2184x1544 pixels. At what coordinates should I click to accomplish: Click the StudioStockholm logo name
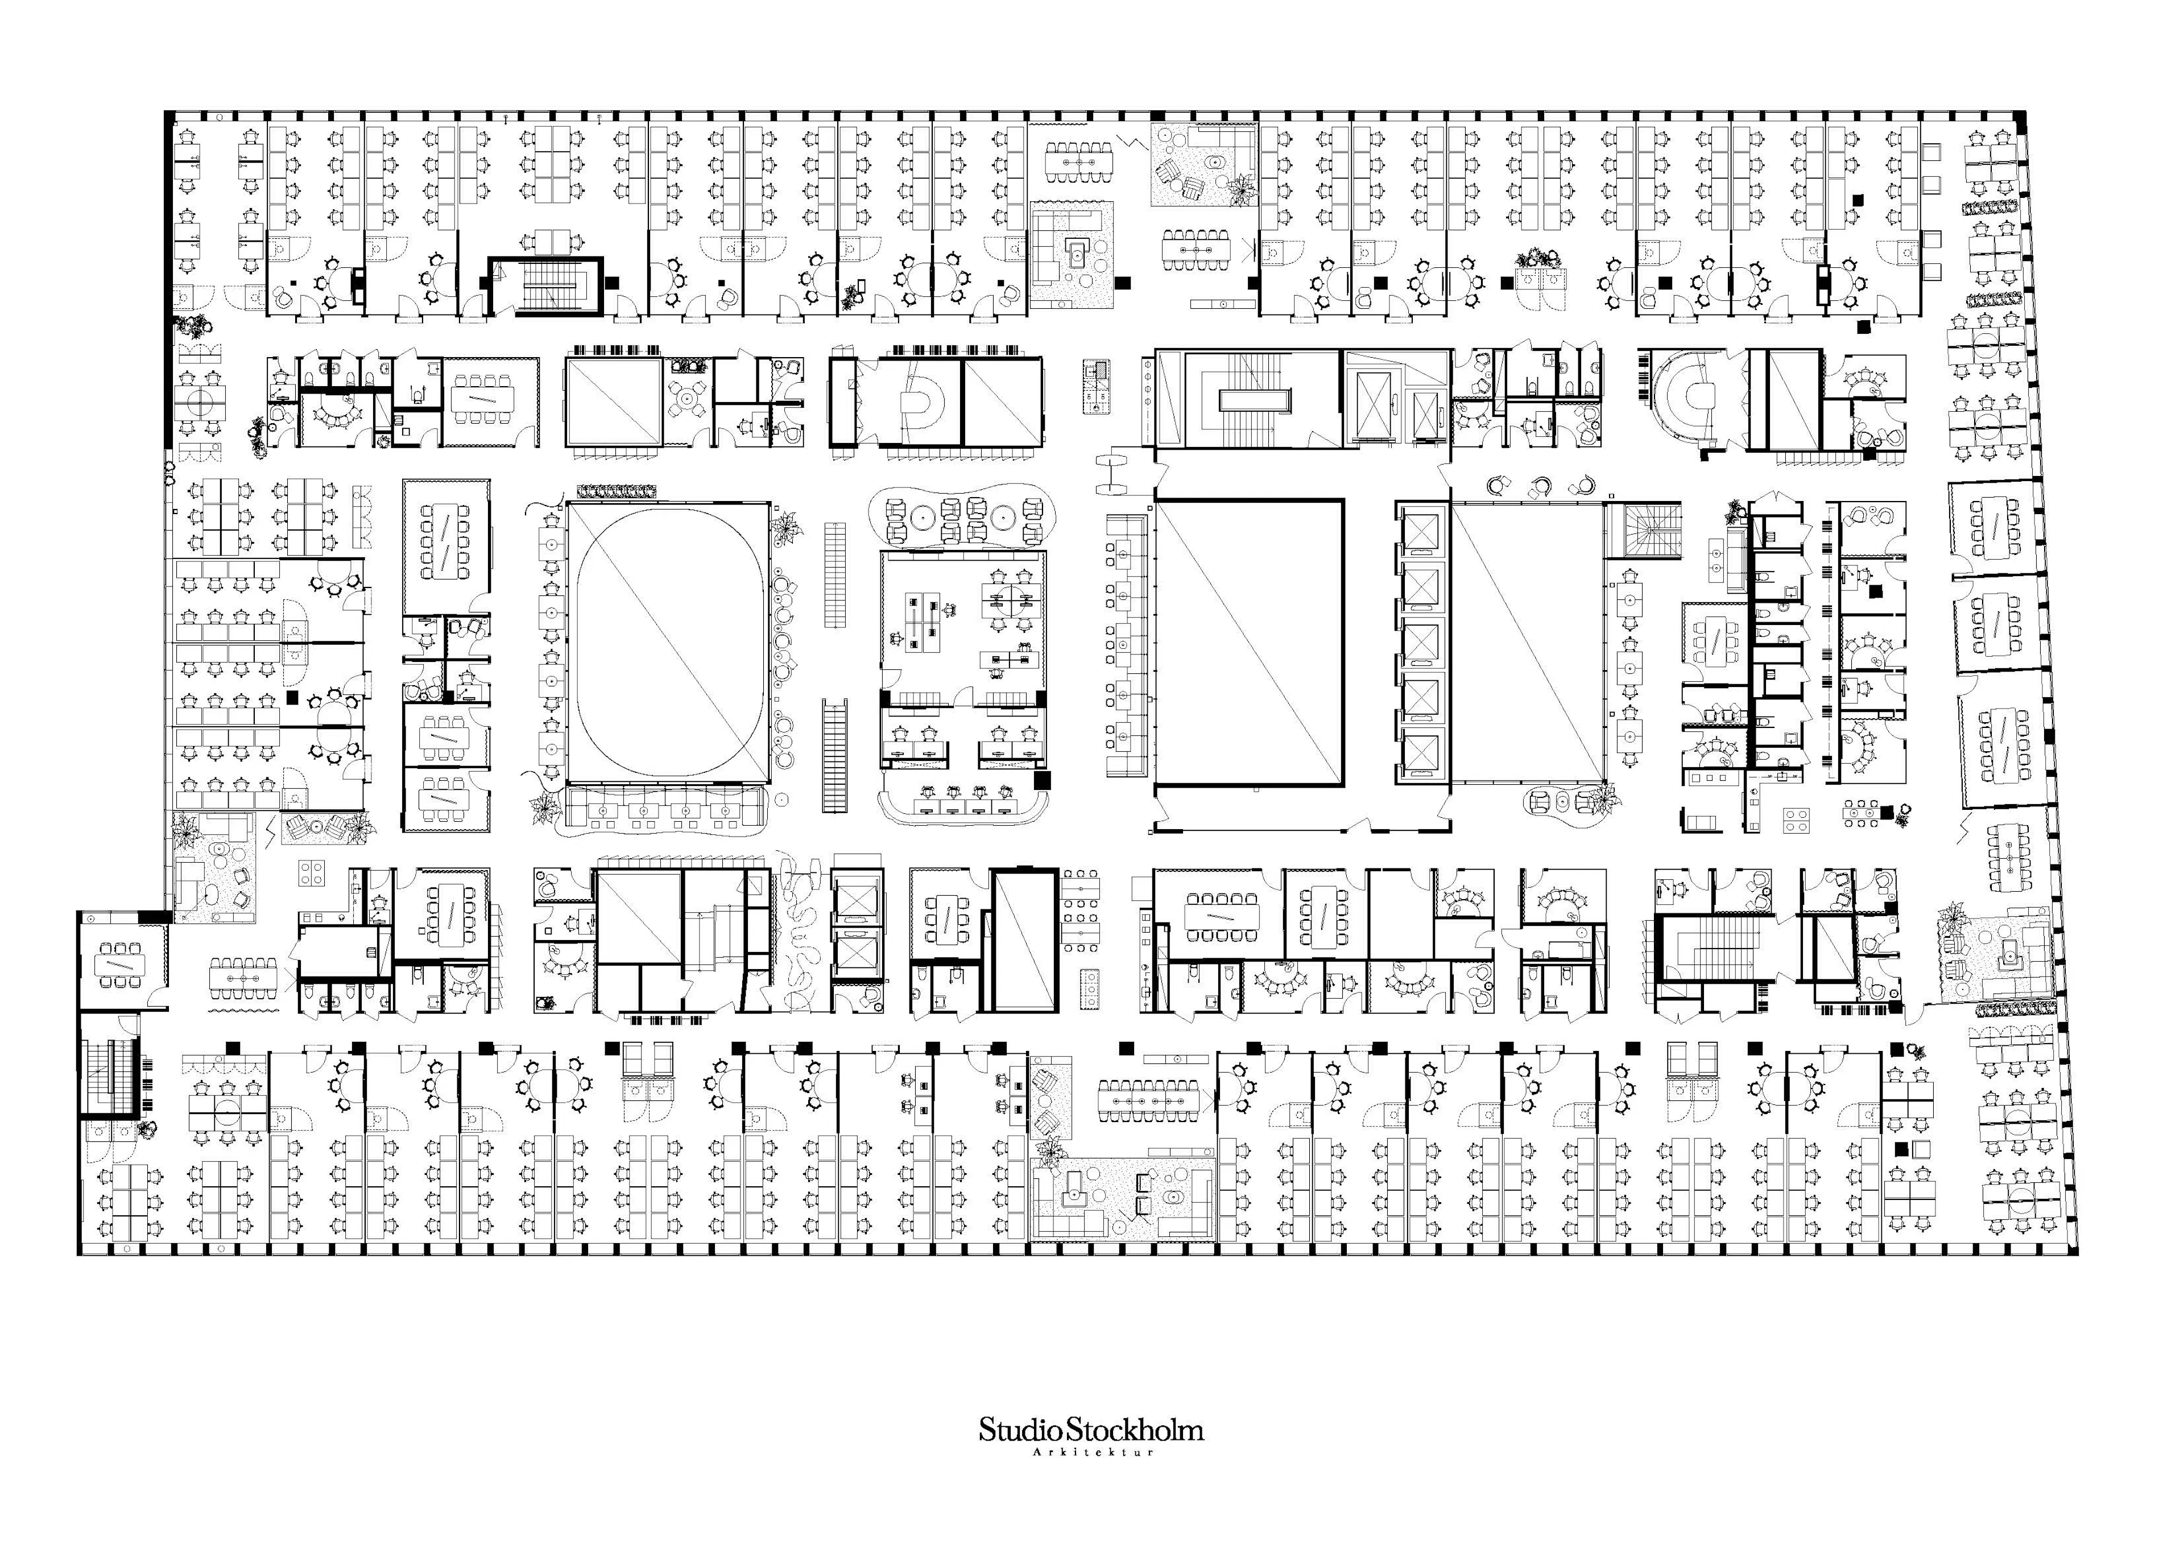[x=1091, y=1429]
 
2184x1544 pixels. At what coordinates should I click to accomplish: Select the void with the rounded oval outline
[x=669, y=643]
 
